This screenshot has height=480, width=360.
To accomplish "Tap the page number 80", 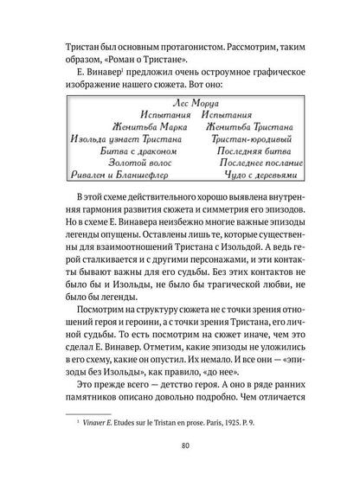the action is click(180, 445).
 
